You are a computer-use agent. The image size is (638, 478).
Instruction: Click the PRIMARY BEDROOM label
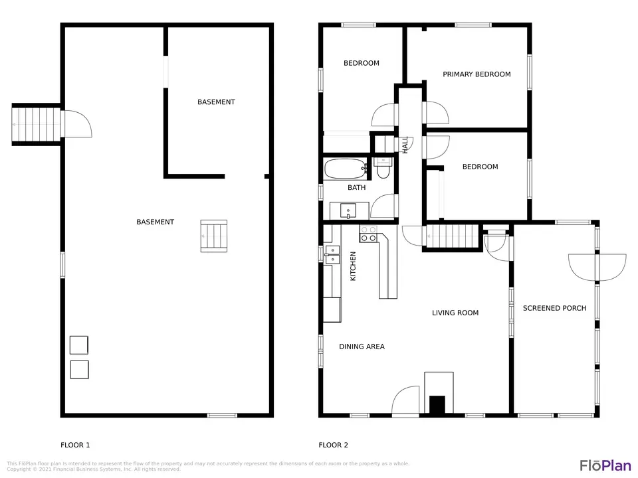477,74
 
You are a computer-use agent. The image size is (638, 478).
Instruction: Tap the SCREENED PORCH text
554,308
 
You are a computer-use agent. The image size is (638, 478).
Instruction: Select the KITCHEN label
353,266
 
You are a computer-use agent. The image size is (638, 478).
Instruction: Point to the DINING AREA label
362,347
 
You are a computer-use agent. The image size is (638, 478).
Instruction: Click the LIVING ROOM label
455,313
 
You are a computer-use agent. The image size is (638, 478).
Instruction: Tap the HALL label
405,145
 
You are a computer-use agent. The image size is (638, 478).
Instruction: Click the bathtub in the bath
346,169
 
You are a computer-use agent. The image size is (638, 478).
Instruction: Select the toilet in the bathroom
383,169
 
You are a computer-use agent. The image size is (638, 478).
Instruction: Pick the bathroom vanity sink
348,211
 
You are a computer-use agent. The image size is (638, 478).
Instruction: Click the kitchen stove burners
369,234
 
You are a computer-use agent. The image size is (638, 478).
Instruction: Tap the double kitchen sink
332,255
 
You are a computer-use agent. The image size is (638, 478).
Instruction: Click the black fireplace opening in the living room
437,405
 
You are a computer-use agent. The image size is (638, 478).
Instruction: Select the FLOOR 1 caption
75,445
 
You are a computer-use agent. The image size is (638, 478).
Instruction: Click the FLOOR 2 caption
333,445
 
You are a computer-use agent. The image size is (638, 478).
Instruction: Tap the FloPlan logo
605,465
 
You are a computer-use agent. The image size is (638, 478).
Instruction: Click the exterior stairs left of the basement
36,124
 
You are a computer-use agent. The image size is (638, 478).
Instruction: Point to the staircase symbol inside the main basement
213,236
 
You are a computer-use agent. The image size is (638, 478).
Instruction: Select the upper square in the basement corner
79,345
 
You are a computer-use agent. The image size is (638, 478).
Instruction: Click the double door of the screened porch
597,267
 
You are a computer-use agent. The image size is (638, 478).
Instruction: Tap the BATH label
356,187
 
